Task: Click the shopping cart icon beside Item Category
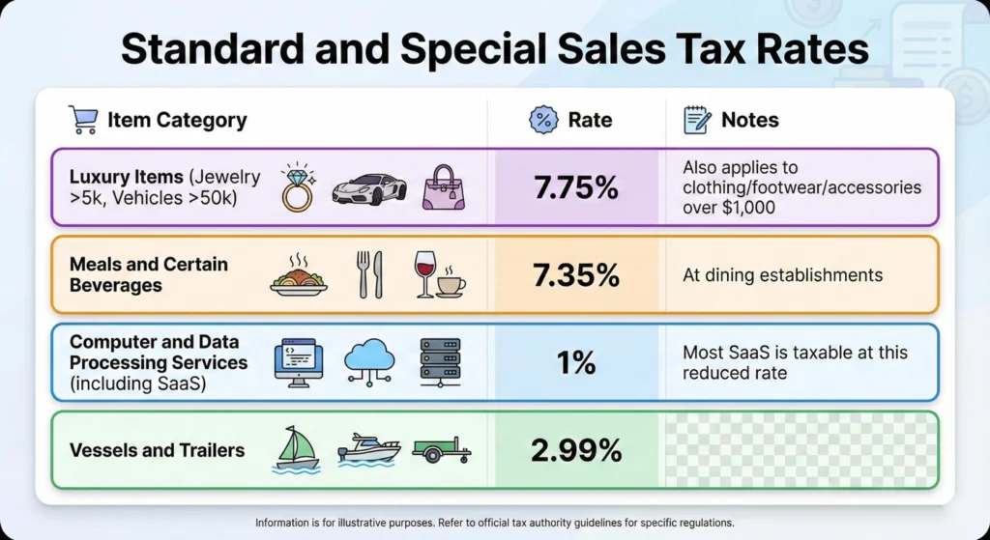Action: pos(83,120)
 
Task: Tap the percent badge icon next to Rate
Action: pos(543,120)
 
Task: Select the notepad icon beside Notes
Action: pos(697,120)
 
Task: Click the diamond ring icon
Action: pos(297,186)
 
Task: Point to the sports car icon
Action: pos(369,188)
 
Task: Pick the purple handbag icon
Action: pos(443,187)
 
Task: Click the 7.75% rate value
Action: pos(575,187)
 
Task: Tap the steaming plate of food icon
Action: pos(298,275)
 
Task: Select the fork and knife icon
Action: pos(369,274)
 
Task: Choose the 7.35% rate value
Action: pos(575,275)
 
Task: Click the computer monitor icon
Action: pos(299,361)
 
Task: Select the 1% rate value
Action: pos(575,362)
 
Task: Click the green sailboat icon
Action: pos(298,449)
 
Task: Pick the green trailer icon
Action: pos(441,450)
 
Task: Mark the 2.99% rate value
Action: pos(575,450)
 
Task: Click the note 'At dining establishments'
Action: pos(782,275)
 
